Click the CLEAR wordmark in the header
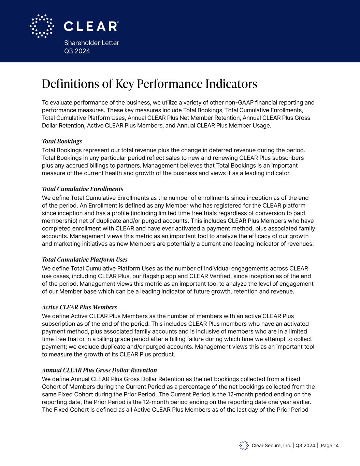pyautogui.click(x=91, y=26)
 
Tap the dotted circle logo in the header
pyautogui.click(x=42, y=26)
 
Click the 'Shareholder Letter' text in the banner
pyautogui.click(x=91, y=43)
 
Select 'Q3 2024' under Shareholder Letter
pyautogui.click(x=77, y=51)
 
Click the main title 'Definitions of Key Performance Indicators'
pyautogui.click(x=149, y=84)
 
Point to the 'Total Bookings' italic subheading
pyautogui.click(x=62, y=141)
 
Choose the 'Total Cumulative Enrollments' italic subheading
pyautogui.click(x=82, y=189)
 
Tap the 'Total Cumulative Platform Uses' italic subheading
pyautogui.click(x=85, y=260)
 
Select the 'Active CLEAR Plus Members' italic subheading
pyautogui.click(x=79, y=307)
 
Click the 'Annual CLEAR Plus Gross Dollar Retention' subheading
pyautogui.click(x=99, y=370)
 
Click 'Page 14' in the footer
pyautogui.click(x=330, y=446)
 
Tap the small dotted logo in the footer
pyautogui.click(x=244, y=445)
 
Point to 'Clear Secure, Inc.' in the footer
pyautogui.click(x=271, y=446)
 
